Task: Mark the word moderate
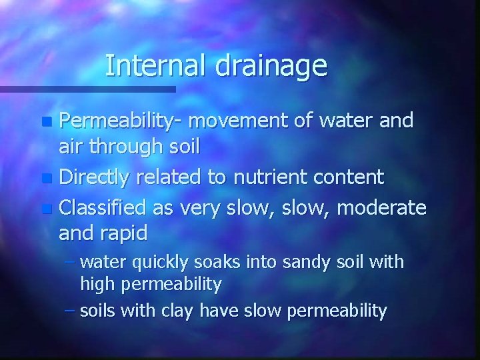click(382, 207)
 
